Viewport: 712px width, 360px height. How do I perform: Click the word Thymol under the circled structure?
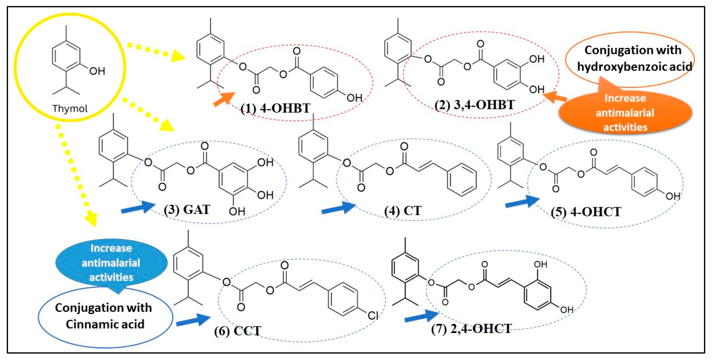click(x=70, y=108)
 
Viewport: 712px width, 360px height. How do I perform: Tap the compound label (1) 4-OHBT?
click(x=275, y=108)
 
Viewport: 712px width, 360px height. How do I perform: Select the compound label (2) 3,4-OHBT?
click(x=474, y=105)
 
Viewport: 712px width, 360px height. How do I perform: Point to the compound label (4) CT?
click(x=403, y=211)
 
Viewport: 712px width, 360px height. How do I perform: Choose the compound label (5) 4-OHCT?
click(x=586, y=212)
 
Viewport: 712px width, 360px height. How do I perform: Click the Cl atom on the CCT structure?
click(x=373, y=315)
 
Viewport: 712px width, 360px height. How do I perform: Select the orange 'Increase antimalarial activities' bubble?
click(x=625, y=113)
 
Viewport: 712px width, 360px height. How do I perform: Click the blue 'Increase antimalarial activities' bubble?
click(x=111, y=263)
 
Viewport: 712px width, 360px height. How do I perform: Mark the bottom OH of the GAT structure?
click(x=237, y=211)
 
